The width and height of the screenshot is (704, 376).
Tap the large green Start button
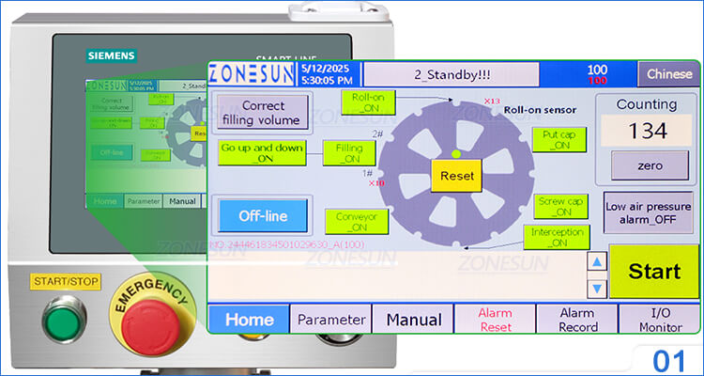point(654,272)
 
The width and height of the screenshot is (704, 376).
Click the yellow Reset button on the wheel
point(456,176)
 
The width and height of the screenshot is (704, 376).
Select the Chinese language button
point(670,74)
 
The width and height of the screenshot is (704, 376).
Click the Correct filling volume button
point(262,112)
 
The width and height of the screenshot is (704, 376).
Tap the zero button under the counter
point(650,165)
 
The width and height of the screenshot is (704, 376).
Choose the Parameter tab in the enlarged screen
point(330,320)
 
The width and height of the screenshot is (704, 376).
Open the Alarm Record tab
point(577,320)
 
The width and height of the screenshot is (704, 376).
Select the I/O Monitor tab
point(660,320)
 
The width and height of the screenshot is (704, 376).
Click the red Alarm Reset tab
point(495,320)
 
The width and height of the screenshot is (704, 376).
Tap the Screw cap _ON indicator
point(562,206)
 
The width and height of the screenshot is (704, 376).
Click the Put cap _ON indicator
point(559,139)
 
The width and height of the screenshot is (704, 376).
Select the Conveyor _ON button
point(356,222)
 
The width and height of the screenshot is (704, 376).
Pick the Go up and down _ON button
point(262,152)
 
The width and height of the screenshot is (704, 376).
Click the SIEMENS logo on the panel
point(111,55)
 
